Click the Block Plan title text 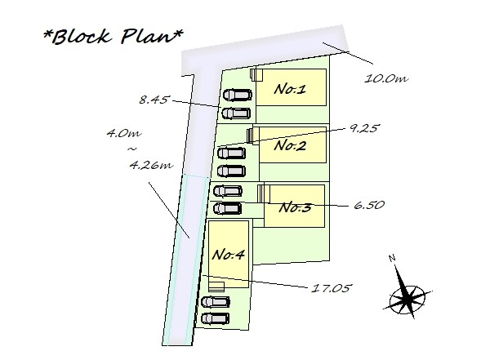coord(114,37)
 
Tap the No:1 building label coord(290,90)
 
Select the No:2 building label coord(290,145)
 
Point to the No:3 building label coord(295,207)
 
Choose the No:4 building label coord(229,255)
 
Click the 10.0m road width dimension coord(386,79)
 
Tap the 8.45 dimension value coord(154,100)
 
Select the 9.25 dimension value coord(363,128)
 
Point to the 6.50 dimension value coord(369,205)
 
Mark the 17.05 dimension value coord(331,288)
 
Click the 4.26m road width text coord(152,165)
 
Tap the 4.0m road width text coord(124,133)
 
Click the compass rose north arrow coord(408,293)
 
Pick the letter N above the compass coord(392,258)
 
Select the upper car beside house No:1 coord(238,95)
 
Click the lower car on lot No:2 coord(231,171)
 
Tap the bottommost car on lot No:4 coord(215,319)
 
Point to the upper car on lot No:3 coord(228,191)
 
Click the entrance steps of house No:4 coord(216,287)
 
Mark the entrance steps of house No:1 coord(256,75)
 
